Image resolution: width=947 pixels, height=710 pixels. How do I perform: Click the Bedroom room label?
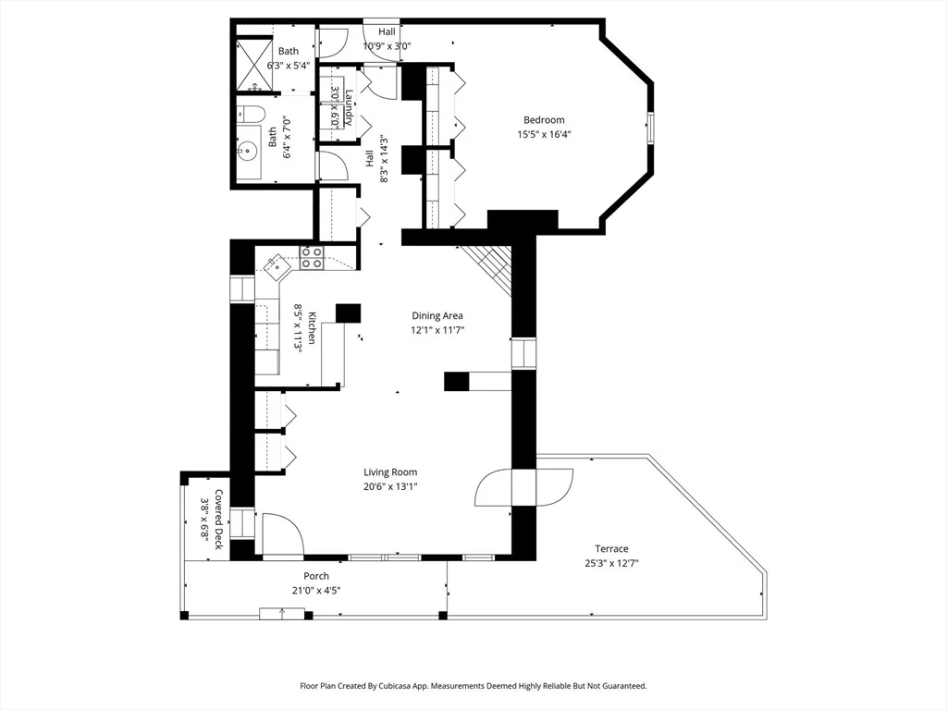pos(544,120)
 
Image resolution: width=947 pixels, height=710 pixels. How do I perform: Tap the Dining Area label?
pos(437,316)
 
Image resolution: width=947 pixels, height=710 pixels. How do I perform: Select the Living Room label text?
pos(390,472)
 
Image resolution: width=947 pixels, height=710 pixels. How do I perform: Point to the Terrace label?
pos(612,549)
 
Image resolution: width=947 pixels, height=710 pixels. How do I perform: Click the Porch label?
pos(316,576)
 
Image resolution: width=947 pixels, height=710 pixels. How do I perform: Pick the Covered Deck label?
pos(218,520)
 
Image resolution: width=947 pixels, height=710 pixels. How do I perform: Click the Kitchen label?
pos(312,328)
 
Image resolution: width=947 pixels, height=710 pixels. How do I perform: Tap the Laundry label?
pos(349,108)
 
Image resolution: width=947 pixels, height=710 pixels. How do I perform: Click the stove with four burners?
pos(312,258)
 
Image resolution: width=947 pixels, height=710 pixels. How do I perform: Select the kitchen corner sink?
pos(277,266)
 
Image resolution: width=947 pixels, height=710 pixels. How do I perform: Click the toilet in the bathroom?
pos(251,114)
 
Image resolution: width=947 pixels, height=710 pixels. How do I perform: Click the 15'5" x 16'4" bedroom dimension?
pos(544,135)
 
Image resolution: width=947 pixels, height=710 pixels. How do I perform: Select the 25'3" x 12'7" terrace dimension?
pos(612,563)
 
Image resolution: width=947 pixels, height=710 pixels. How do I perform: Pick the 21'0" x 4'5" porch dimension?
pos(316,591)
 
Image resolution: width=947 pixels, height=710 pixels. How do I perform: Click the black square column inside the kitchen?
pos(348,312)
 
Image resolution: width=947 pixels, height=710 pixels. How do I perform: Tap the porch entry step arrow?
pos(282,614)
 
